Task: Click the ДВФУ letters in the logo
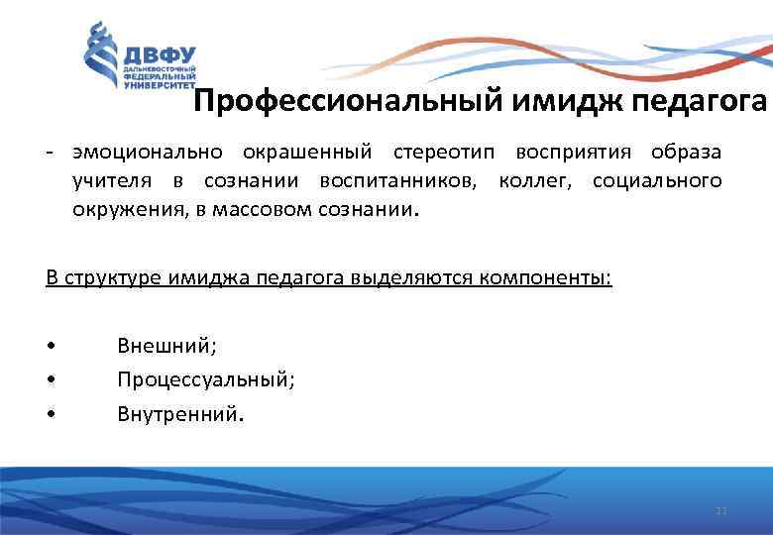(x=160, y=54)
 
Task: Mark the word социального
(x=657, y=182)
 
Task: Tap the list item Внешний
(x=166, y=346)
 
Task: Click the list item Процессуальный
(x=205, y=379)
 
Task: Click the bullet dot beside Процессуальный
(x=50, y=380)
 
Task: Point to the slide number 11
(x=720, y=511)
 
